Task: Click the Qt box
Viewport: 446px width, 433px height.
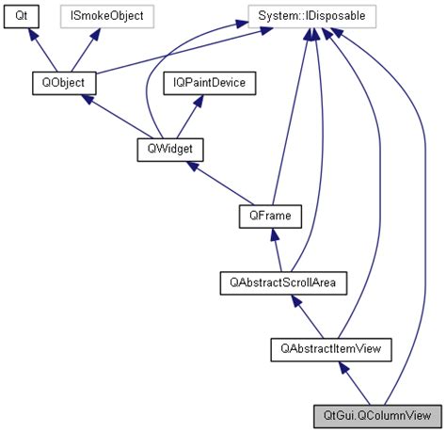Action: tap(20, 16)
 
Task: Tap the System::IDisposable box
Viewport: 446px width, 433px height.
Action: tap(311, 16)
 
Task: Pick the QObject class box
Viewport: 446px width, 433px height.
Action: tap(57, 83)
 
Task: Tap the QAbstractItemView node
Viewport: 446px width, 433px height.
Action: tap(329, 348)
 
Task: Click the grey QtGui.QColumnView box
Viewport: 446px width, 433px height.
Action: tap(376, 414)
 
